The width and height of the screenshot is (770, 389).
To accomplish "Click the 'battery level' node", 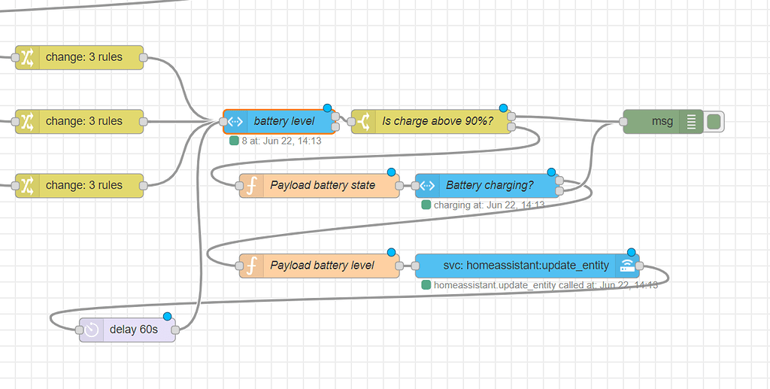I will [283, 121].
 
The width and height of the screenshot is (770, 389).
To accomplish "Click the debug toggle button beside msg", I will [714, 121].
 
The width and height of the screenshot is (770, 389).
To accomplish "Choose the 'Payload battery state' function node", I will [323, 185].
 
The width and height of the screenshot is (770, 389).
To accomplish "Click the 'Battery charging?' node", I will [490, 185].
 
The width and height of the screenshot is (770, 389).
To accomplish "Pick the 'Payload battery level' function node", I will [322, 265].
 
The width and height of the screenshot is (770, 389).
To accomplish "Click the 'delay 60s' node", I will [134, 330].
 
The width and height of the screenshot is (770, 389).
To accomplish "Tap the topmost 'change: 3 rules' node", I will [83, 57].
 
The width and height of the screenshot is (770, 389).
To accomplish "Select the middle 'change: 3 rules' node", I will [83, 121].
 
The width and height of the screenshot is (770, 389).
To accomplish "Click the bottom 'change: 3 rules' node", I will [83, 185].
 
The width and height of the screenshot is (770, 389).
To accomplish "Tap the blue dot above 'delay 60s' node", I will [167, 316].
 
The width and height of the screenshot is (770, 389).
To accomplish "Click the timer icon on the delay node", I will [91, 330].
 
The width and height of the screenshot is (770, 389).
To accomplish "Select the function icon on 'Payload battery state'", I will [253, 185].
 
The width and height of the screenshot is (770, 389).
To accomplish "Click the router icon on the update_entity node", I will [626, 265].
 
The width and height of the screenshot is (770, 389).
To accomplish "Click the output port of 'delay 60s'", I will [175, 330].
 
